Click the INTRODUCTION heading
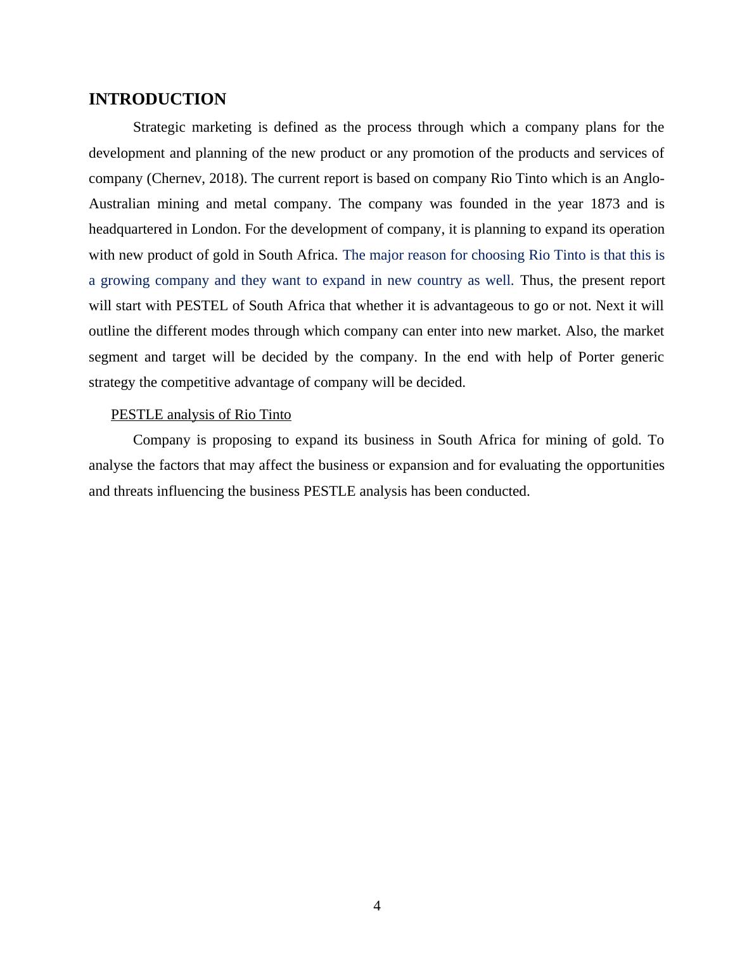pyautogui.click(x=157, y=99)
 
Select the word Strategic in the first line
pyautogui.click(x=159, y=127)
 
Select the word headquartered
pyautogui.click(x=129, y=229)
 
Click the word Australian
pyautogui.click(x=119, y=204)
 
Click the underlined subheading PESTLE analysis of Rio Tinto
pyautogui.click(x=201, y=415)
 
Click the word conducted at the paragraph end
pyautogui.click(x=497, y=491)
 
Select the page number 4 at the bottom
pyautogui.click(x=377, y=906)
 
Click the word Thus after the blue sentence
pyautogui.click(x=535, y=280)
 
